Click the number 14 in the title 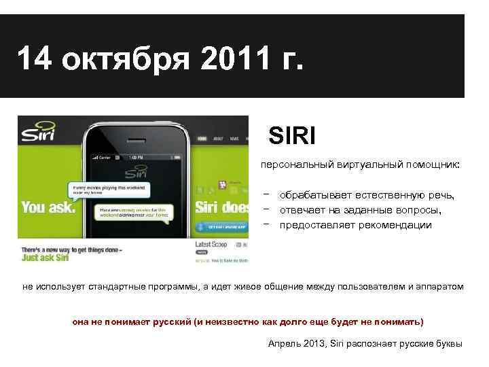coord(34,60)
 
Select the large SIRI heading coord(292,136)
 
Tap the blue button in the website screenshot coord(221,228)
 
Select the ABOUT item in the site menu coord(218,139)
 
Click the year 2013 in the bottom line coord(314,343)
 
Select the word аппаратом coord(441,286)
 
